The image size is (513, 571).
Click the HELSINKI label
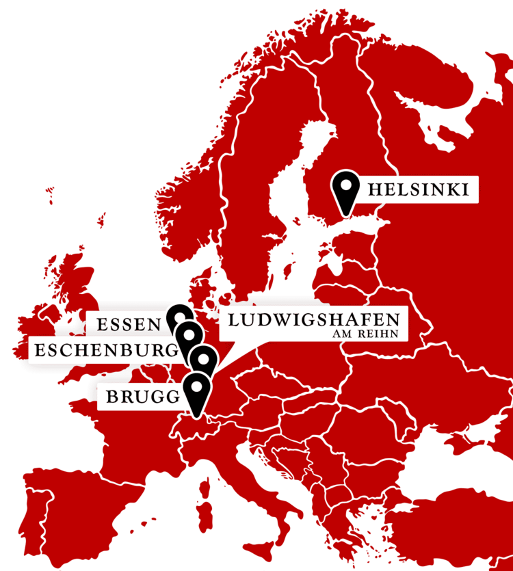[x=418, y=189]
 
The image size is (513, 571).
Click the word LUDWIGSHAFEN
[x=313, y=319]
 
